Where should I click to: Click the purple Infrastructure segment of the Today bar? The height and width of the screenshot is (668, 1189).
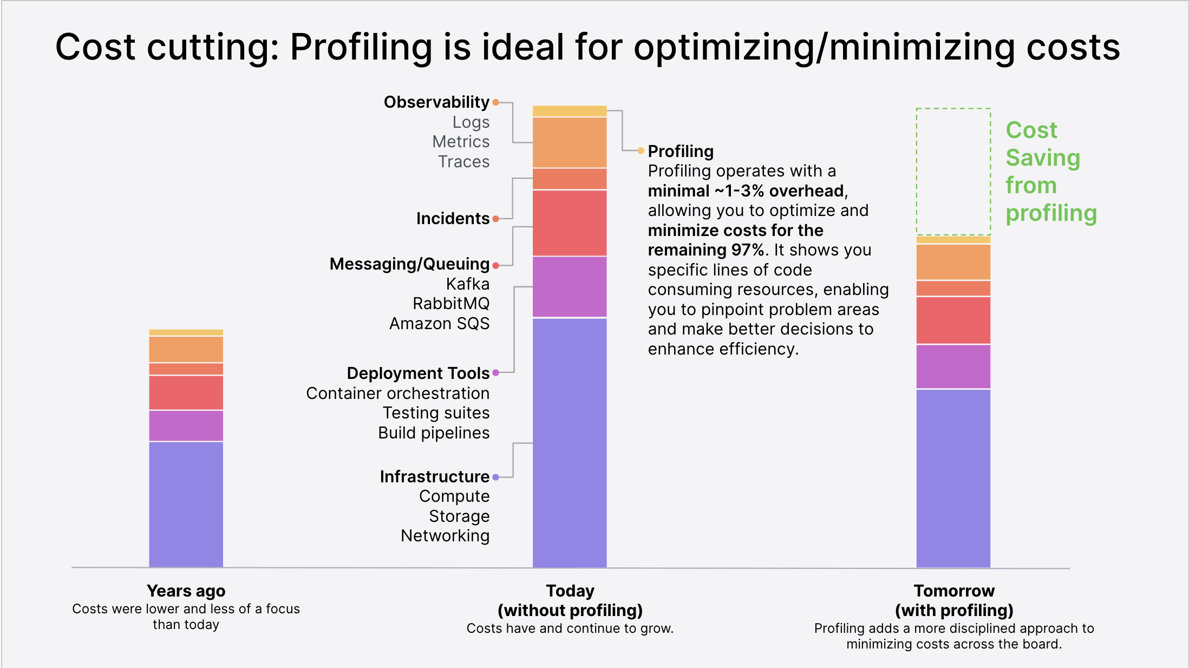570,442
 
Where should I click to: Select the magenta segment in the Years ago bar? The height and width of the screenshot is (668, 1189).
186,425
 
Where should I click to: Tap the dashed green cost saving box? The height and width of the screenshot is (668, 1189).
953,171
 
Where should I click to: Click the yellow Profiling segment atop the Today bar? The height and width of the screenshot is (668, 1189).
570,111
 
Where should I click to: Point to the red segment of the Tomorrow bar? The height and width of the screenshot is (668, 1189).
953,320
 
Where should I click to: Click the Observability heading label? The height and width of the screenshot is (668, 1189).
436,102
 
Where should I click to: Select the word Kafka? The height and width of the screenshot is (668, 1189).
468,284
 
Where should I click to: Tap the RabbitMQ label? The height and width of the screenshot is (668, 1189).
451,303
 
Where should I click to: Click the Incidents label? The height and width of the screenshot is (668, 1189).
453,218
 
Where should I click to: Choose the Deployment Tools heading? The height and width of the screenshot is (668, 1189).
418,373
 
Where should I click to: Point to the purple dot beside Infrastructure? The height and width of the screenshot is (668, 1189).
495,477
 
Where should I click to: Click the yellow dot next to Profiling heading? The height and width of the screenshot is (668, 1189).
641,150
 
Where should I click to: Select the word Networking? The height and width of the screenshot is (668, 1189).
445,535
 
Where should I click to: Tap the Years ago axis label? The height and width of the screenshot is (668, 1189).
186,591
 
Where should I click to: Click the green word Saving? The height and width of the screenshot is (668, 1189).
1043,158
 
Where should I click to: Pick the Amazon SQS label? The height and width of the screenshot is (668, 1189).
439,323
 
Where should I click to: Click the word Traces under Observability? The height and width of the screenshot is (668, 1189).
463,161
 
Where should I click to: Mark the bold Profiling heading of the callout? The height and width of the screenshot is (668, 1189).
681,151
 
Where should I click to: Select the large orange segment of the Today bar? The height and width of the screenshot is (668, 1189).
570,142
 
